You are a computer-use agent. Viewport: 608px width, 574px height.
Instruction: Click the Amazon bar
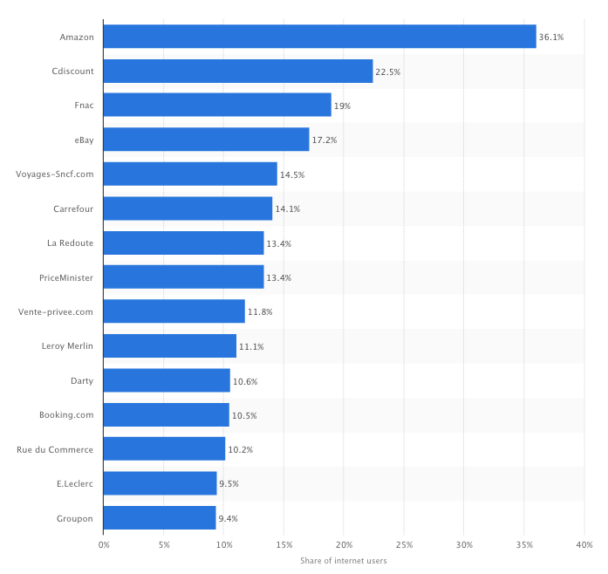coord(319,37)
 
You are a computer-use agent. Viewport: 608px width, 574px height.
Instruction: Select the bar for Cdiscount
coord(238,72)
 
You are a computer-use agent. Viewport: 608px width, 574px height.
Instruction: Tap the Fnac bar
coord(217,105)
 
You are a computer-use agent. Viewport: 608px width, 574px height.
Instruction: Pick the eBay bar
coord(206,140)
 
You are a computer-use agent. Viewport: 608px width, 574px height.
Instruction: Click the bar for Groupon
coord(160,518)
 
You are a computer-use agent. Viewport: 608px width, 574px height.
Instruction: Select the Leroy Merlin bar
coord(169,346)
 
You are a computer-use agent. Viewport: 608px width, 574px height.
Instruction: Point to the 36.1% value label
coord(551,38)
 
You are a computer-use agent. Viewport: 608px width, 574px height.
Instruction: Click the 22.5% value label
coord(388,72)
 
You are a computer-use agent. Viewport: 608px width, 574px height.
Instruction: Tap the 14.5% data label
coord(292,174)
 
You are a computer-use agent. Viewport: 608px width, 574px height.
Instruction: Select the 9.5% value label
coord(228,484)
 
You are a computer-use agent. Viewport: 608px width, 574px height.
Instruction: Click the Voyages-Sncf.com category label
coord(55,174)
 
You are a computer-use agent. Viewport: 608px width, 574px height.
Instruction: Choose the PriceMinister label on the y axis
coord(66,277)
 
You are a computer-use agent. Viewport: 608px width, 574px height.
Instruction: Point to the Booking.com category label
coord(66,415)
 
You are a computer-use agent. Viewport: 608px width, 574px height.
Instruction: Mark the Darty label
coord(82,381)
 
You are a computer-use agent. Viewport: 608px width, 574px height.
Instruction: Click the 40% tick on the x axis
coord(584,544)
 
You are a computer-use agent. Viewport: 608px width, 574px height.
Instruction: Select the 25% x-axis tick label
coord(403,544)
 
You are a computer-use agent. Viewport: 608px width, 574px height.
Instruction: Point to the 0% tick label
coord(104,544)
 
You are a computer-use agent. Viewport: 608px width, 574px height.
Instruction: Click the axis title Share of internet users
coord(344,561)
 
